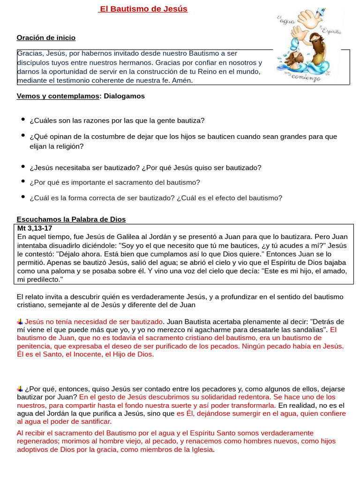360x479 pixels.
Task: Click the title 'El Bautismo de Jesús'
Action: click(x=143, y=9)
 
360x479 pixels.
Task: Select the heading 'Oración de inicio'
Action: click(x=46, y=37)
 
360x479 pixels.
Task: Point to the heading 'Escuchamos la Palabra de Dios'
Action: click(x=71, y=219)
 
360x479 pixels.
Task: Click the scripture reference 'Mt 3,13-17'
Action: click(x=35, y=228)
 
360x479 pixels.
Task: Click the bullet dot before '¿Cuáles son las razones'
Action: click(x=22, y=120)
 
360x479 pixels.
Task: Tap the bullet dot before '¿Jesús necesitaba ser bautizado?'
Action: click(x=22, y=167)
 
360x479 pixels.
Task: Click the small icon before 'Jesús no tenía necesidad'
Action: click(x=20, y=321)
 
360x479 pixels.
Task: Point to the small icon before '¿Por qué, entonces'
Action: click(x=20, y=388)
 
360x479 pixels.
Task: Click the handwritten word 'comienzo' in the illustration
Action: click(x=306, y=78)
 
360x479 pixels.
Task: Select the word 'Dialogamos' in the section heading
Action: click(x=124, y=96)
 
